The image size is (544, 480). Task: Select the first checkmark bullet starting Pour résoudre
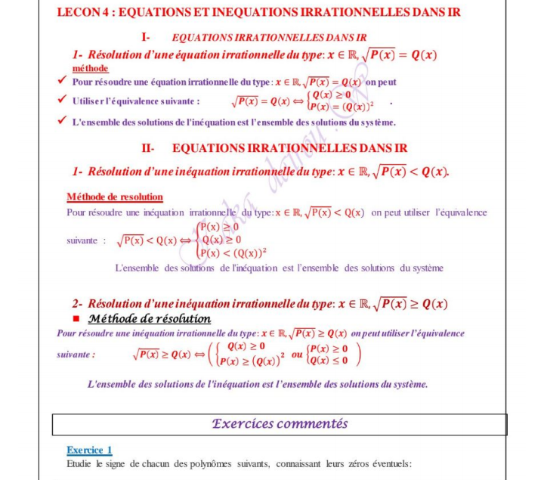63,81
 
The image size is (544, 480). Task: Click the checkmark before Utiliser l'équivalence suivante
63,100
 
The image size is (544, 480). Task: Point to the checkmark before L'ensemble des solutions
63,121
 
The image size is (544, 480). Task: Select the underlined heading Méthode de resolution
114,197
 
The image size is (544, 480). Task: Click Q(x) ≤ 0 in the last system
330,360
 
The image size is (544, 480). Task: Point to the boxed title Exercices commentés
280,424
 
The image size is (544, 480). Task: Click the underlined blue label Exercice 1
89,450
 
